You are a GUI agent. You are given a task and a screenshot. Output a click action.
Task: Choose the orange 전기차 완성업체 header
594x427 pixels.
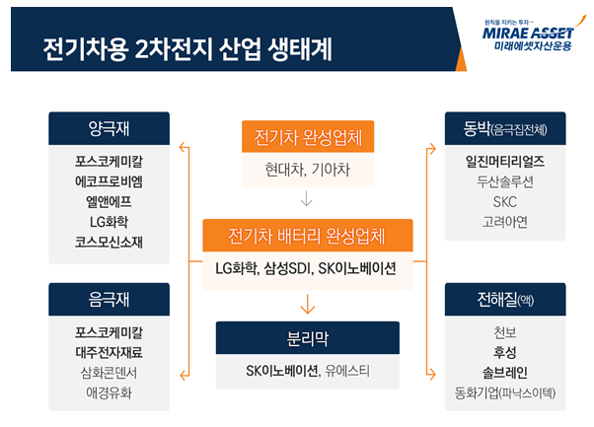coord(308,136)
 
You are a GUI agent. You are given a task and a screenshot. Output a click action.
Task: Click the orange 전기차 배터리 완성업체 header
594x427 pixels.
coord(308,237)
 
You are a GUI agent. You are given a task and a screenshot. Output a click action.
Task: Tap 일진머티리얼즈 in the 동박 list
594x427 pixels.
coord(504,161)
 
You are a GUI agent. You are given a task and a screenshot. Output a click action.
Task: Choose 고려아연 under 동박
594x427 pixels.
coord(504,221)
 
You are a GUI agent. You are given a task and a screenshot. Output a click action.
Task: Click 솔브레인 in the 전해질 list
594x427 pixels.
coord(504,371)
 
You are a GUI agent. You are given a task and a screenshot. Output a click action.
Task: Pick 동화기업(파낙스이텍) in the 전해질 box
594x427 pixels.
coord(504,391)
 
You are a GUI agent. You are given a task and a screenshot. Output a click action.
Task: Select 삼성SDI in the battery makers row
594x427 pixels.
coord(290,268)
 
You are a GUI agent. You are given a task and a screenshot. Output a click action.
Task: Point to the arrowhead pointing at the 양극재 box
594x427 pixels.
coord(183,148)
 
